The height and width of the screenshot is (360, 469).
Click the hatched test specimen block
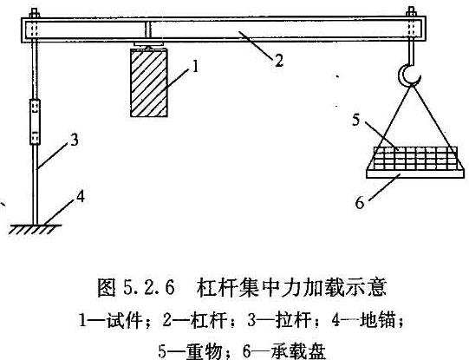(149, 83)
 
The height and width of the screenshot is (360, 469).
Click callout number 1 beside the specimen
(195, 67)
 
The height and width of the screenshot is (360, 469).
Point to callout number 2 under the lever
(279, 61)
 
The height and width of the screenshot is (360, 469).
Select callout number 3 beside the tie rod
(75, 140)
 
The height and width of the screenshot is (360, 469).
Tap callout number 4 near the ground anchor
(80, 197)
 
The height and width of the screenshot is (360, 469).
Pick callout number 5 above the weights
(355, 120)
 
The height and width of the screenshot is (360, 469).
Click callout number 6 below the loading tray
(360, 203)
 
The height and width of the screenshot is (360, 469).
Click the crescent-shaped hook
(408, 75)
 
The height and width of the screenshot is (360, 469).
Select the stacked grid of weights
(416, 158)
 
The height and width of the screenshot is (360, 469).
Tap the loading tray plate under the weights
(415, 174)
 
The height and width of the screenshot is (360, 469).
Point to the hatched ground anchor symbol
(35, 229)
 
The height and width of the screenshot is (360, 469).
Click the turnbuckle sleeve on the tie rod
(35, 122)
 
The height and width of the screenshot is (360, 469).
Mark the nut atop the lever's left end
(35, 13)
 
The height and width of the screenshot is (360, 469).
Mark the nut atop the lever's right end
(411, 12)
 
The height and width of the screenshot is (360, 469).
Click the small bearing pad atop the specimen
(148, 45)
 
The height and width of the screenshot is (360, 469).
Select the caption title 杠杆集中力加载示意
(291, 287)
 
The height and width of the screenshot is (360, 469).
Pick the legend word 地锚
(377, 320)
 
